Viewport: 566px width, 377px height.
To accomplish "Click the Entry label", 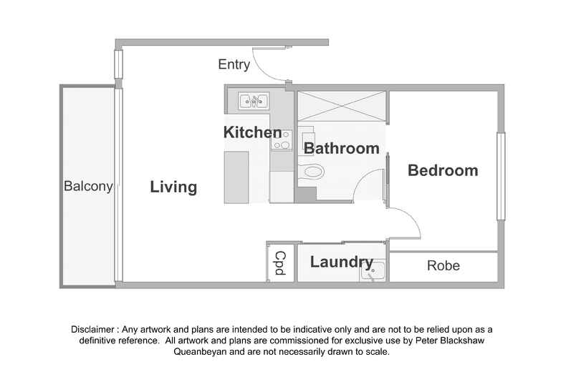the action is point(234,64).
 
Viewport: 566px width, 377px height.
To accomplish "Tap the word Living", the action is point(173,187).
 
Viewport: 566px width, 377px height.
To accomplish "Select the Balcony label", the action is point(88,186).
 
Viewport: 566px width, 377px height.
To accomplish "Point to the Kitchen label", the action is point(252,132).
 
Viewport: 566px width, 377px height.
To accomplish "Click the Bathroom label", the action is point(342,149).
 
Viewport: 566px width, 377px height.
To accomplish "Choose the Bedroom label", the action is point(443,170).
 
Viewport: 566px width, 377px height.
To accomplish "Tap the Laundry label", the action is point(342,263).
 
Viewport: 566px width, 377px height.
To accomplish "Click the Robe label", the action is point(443,265).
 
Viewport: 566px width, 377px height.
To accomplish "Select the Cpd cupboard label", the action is point(280,263).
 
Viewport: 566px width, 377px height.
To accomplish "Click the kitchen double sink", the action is point(254,101).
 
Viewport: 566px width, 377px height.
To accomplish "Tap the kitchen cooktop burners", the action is point(282,139).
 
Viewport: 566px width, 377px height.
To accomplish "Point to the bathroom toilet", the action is point(310,171).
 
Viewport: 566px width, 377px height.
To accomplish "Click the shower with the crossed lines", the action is point(342,107).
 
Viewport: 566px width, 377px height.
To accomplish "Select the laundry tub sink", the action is point(373,271).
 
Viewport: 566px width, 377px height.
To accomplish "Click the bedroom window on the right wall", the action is point(501,177).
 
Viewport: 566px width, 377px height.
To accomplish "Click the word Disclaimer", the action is point(92,329).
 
